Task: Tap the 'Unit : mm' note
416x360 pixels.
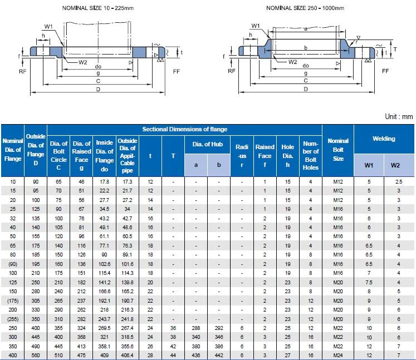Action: click(398, 117)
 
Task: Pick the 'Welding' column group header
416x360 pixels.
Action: click(383, 139)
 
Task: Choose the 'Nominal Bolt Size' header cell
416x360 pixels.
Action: click(338, 150)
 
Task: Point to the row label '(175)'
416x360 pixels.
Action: click(13, 300)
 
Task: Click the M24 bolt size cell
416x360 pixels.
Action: click(338, 355)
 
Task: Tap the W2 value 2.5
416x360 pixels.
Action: click(398, 182)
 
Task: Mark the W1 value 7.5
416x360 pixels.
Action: click(369, 282)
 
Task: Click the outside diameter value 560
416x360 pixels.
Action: click(36, 355)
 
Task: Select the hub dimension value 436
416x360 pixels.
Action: click(195, 355)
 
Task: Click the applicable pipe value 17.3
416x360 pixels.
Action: click(128, 182)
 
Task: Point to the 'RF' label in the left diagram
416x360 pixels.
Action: click(22, 71)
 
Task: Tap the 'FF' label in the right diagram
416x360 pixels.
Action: click(385, 71)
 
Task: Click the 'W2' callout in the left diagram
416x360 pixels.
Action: click(82, 62)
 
